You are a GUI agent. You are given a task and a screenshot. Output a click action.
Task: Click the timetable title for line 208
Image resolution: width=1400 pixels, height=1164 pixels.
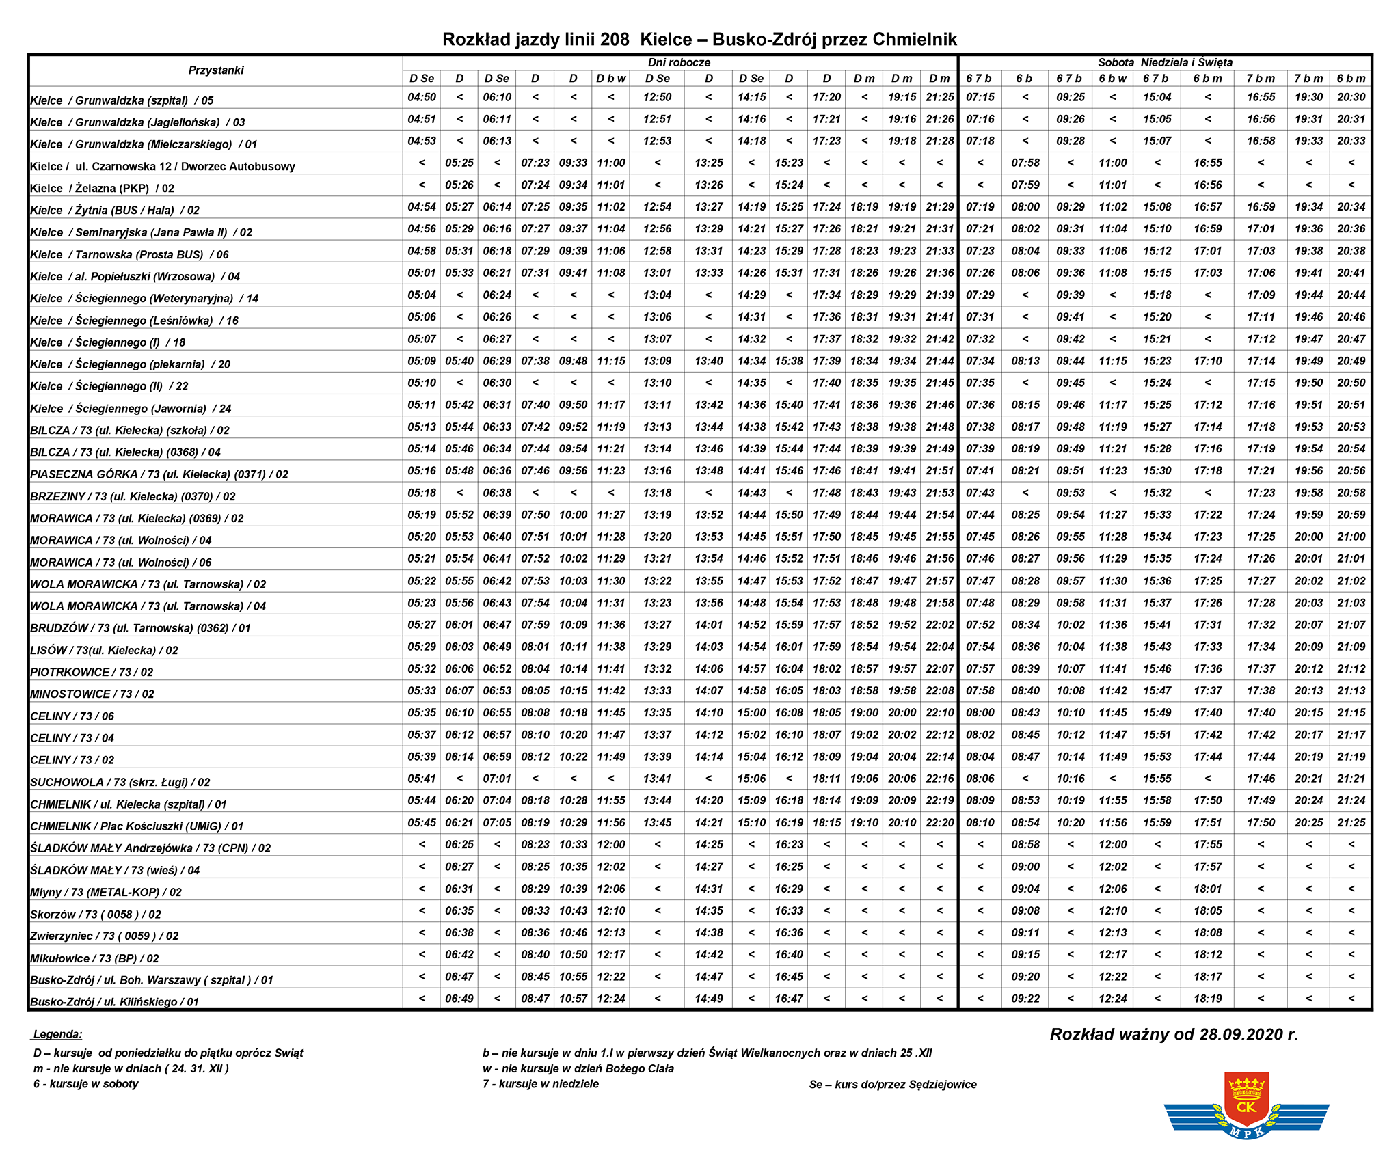coord(699,40)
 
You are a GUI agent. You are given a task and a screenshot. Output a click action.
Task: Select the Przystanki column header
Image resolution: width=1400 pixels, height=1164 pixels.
coord(216,70)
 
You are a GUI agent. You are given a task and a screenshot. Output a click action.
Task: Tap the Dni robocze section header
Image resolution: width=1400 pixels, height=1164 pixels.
coord(679,62)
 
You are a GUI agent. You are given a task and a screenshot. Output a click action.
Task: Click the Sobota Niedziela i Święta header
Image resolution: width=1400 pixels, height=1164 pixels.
coord(1165,62)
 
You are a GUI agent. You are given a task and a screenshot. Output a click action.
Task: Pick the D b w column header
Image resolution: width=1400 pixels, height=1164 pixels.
coord(610,79)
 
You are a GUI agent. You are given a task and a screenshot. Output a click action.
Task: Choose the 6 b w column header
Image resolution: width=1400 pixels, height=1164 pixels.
coord(1112,79)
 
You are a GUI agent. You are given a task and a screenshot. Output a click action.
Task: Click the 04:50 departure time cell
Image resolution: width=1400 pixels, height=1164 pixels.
coord(422,98)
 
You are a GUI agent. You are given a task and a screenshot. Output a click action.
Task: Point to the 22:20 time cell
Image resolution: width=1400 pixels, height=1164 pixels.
coord(939,823)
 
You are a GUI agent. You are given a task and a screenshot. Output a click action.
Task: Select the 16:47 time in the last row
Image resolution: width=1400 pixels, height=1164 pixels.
coord(788,999)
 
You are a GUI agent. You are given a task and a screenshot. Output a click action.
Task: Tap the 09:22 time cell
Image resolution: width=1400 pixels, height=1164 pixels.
coord(1025,999)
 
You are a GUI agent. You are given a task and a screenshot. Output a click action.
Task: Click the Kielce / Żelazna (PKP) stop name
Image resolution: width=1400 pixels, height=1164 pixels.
coord(103,189)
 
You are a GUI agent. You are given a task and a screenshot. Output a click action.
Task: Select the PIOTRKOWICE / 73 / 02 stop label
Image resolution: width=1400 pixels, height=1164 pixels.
coord(92,673)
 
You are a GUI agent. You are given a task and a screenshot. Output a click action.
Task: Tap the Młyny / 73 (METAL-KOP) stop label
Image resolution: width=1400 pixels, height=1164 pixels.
coord(106,893)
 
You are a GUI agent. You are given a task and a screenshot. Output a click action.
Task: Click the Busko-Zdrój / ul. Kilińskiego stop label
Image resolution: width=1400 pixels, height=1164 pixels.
coord(114,1002)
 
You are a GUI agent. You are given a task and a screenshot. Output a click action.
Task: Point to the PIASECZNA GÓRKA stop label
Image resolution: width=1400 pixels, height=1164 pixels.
coord(159,474)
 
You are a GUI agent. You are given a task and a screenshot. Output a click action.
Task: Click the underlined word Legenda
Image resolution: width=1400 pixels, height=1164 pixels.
coord(58,1034)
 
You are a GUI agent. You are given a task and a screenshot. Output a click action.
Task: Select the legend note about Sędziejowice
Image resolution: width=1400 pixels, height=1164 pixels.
coord(892,1084)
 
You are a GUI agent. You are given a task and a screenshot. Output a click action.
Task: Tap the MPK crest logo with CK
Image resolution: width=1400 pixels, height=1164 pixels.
coord(1246,1107)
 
